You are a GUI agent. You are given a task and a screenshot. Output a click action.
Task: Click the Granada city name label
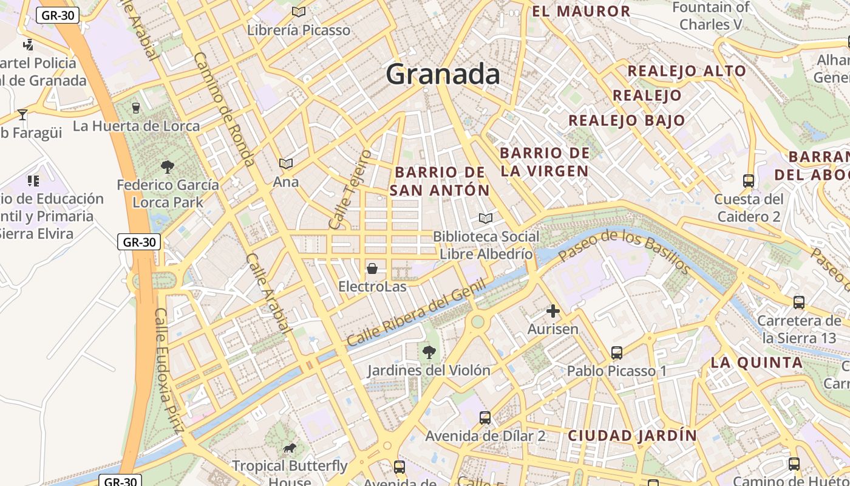click(443, 74)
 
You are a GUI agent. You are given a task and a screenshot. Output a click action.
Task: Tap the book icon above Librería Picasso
click(298, 12)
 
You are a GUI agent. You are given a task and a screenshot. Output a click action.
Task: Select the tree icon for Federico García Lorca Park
click(168, 166)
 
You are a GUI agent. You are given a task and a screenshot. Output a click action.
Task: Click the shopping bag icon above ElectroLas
click(372, 268)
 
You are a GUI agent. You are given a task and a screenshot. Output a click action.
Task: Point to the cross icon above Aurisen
click(552, 311)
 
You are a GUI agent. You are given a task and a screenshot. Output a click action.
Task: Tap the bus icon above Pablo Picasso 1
click(617, 352)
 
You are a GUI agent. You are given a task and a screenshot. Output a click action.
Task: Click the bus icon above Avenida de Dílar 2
click(484, 417)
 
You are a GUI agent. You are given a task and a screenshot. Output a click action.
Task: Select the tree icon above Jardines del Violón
click(429, 352)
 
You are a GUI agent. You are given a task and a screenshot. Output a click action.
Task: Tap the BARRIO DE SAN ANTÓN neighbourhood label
click(440, 181)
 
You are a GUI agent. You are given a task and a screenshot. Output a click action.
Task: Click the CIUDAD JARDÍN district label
click(632, 436)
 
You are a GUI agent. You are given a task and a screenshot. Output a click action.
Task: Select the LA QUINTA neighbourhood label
click(756, 363)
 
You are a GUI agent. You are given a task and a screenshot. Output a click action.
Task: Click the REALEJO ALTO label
click(687, 70)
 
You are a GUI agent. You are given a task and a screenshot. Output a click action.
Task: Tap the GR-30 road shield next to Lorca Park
click(139, 242)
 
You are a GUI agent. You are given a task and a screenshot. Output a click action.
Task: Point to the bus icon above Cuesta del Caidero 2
click(748, 181)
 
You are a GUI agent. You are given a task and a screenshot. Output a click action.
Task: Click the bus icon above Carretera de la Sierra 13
click(799, 302)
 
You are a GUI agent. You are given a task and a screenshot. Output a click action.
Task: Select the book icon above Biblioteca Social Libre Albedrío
click(485, 218)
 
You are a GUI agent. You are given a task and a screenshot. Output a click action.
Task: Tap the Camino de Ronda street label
click(224, 109)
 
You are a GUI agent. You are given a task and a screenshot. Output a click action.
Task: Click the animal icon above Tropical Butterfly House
click(290, 448)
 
